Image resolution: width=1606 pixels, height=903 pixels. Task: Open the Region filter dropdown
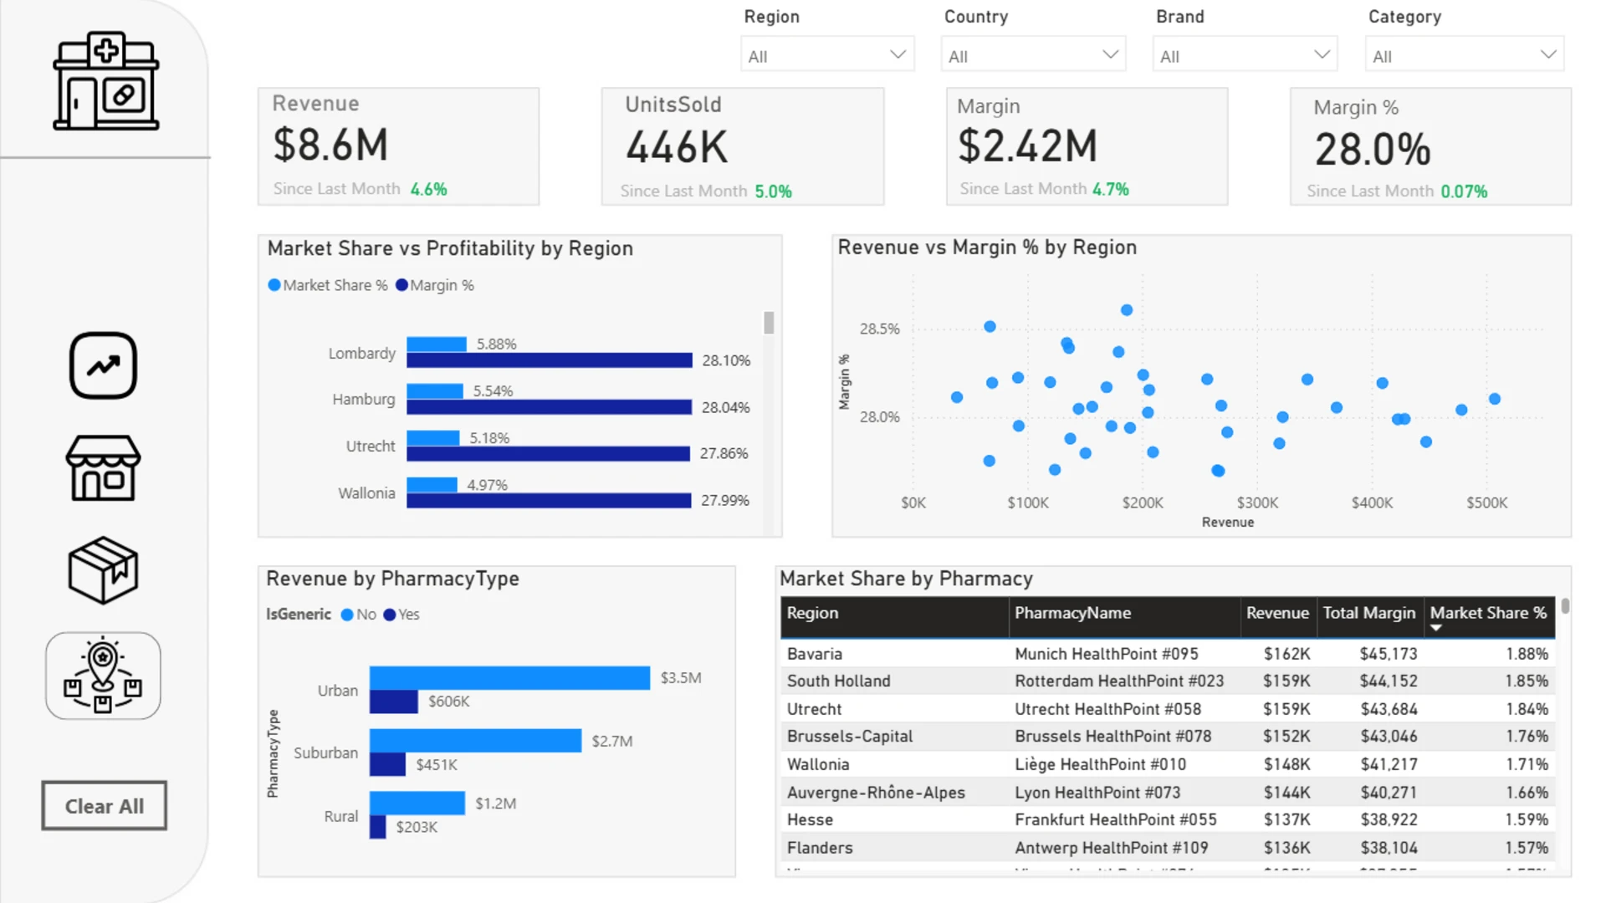click(827, 55)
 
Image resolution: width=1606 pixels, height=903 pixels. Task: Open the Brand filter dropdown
click(1245, 55)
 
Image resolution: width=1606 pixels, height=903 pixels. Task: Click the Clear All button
click(105, 806)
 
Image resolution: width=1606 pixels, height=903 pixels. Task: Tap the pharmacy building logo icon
click(106, 82)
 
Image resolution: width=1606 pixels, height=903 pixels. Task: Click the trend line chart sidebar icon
click(103, 365)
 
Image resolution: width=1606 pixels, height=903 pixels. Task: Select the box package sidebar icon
click(103, 570)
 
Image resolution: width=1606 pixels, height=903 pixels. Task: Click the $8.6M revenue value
click(331, 145)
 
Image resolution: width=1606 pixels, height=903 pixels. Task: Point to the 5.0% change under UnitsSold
click(773, 191)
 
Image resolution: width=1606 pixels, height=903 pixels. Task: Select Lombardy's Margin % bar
click(550, 360)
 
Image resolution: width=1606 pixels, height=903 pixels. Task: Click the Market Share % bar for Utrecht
click(433, 438)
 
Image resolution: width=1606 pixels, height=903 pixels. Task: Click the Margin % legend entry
click(434, 285)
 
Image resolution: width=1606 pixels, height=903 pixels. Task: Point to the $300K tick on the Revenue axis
click(1257, 503)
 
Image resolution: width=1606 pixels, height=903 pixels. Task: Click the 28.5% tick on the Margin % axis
click(879, 329)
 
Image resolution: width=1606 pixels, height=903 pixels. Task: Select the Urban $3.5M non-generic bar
click(509, 678)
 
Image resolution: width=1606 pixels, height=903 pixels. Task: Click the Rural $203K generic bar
click(378, 827)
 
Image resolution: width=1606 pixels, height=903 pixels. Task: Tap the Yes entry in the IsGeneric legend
click(401, 615)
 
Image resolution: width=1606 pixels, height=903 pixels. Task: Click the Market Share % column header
click(1488, 613)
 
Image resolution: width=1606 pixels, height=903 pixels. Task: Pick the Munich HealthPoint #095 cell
click(1106, 654)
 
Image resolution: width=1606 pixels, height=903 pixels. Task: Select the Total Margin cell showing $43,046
click(1389, 737)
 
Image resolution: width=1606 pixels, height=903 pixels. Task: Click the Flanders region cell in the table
click(820, 848)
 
